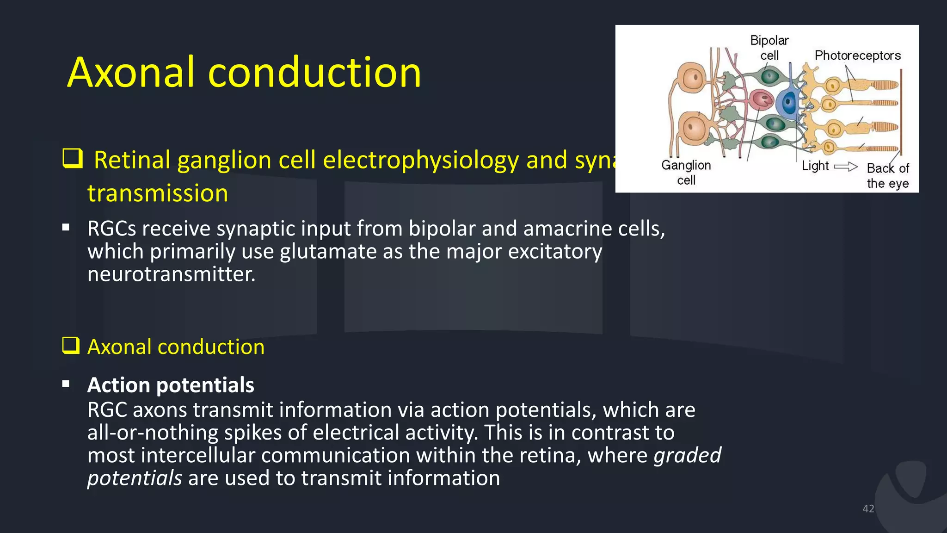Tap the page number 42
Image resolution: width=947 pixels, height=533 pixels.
pyautogui.click(x=868, y=509)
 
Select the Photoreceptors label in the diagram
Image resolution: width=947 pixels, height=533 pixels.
pyautogui.click(x=857, y=56)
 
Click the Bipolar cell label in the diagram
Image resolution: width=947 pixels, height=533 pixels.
pyautogui.click(x=769, y=48)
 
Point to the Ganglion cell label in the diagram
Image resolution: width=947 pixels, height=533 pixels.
pyautogui.click(x=686, y=173)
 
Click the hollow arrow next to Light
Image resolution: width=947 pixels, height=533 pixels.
pyautogui.click(x=846, y=167)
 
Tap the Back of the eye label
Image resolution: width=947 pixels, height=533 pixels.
pyautogui.click(x=887, y=176)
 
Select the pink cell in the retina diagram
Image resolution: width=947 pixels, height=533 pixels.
pyautogui.click(x=761, y=99)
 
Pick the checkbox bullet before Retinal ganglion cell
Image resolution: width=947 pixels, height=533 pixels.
pyautogui.click(x=73, y=159)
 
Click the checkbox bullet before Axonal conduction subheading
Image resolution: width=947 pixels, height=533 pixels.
pyautogui.click(x=71, y=345)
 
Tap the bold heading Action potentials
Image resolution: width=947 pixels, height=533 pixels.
pyautogui.click(x=171, y=385)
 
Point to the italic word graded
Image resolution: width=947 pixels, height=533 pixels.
pyautogui.click(x=687, y=455)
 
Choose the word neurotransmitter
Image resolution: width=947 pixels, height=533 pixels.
pyautogui.click(x=171, y=274)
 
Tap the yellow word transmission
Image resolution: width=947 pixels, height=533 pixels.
pyautogui.click(x=158, y=193)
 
